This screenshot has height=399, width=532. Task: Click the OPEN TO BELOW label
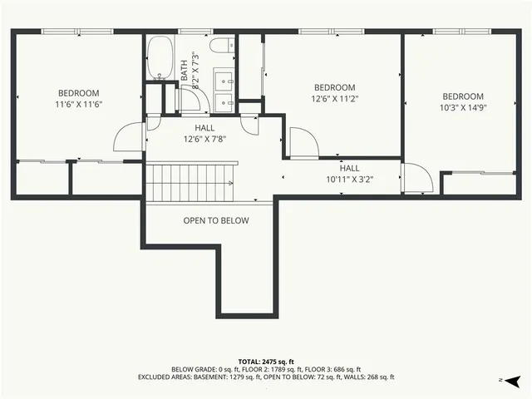click(216, 221)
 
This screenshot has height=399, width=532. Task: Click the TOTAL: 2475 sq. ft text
click(266, 362)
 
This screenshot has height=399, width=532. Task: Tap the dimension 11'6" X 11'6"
click(78, 105)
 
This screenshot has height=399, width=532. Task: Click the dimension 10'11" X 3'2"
click(349, 179)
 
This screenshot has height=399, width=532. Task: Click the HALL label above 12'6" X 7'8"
click(204, 128)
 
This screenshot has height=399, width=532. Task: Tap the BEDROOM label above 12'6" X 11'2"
click(334, 88)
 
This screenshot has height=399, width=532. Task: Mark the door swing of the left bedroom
click(130, 136)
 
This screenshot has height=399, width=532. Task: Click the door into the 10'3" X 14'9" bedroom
click(415, 177)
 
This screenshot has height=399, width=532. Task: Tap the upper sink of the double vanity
click(224, 81)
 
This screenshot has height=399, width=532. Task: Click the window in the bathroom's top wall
click(195, 32)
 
